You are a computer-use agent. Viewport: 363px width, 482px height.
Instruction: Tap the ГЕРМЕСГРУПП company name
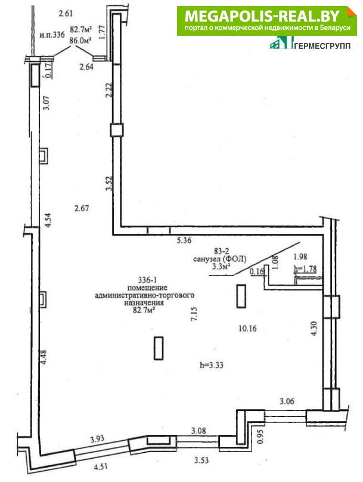[322, 46]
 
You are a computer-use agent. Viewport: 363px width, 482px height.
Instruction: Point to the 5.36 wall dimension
[184, 240]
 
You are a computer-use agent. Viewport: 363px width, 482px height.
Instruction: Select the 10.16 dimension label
[247, 329]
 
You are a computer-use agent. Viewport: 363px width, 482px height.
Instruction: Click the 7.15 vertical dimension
[194, 314]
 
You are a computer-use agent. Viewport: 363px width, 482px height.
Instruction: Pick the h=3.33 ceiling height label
[212, 365]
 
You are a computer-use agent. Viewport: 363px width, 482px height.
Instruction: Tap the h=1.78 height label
[305, 269]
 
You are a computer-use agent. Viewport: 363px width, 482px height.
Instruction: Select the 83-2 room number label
[220, 252]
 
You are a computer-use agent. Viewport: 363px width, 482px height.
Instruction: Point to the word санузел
[207, 259]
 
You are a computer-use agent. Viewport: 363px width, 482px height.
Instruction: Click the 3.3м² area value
[221, 267]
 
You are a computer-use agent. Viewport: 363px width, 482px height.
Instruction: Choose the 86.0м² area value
[81, 41]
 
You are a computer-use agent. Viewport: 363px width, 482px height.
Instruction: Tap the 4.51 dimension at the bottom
[101, 466]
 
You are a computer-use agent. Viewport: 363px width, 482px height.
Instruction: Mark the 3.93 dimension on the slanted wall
[97, 439]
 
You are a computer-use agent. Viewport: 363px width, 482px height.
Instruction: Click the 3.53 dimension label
[202, 460]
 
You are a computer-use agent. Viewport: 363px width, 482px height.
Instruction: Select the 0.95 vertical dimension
[260, 436]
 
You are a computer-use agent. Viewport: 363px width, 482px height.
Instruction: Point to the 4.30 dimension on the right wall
[314, 328]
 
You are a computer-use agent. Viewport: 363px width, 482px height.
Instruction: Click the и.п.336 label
[52, 35]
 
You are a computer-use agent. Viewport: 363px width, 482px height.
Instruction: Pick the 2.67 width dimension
[82, 208]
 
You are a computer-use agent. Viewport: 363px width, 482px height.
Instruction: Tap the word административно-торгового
[145, 295]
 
